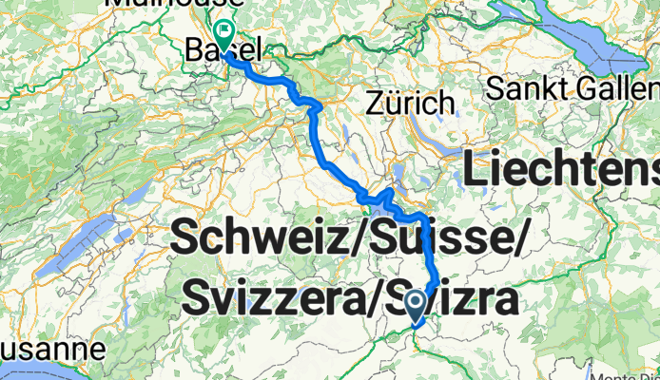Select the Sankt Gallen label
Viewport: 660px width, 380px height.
571,88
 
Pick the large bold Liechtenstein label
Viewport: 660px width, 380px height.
561,172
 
